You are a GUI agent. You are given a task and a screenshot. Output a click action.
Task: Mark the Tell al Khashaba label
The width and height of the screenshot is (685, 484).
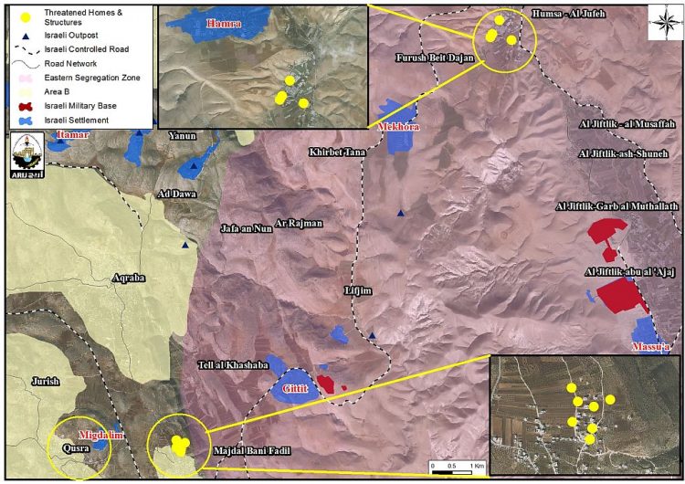point(232,366)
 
